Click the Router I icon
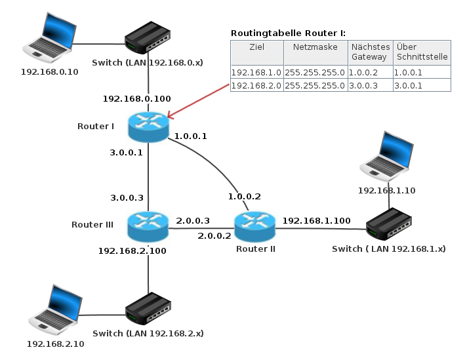point(149,127)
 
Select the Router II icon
point(254,226)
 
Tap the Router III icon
point(149,227)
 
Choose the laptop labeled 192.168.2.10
point(56,309)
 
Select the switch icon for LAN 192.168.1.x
point(390,226)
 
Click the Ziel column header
point(256,47)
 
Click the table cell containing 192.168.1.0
point(256,73)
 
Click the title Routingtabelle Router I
point(288,33)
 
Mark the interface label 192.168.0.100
point(136,98)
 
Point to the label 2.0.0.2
point(214,235)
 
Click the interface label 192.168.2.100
point(132,250)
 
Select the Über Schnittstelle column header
point(422,52)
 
